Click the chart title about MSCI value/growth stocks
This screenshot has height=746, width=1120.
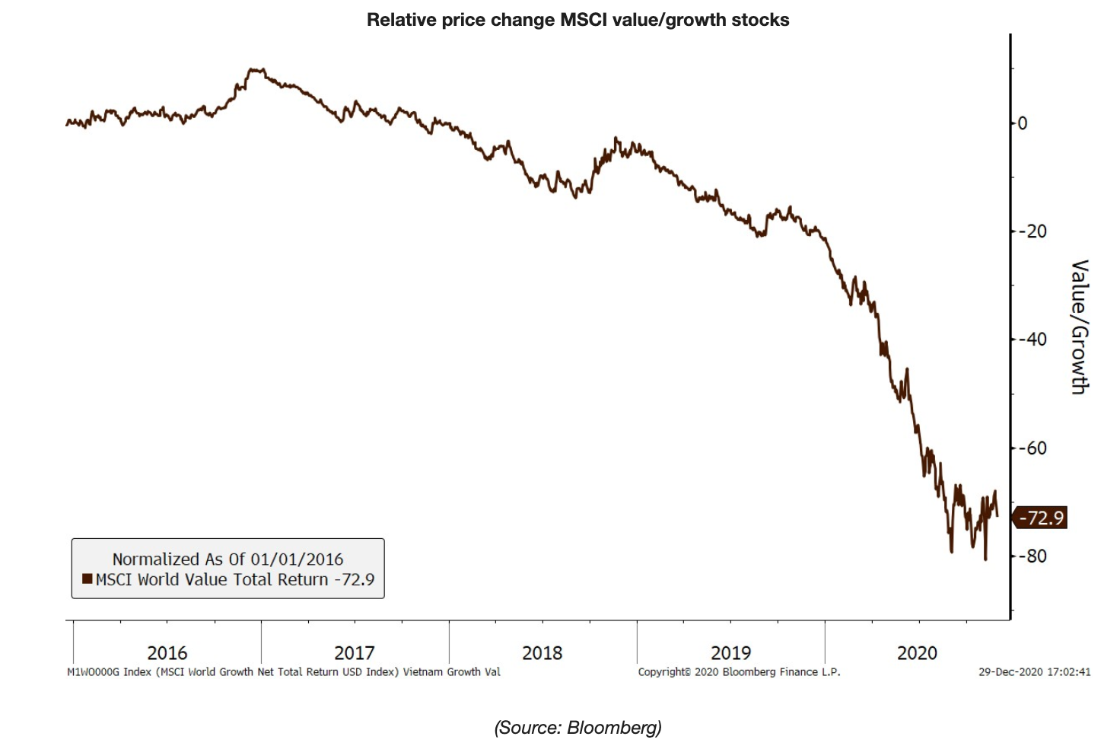tap(577, 20)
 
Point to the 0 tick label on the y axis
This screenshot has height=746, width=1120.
tap(1023, 123)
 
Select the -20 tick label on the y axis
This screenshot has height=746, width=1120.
tap(1033, 231)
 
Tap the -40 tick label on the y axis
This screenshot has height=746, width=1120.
tap(1033, 340)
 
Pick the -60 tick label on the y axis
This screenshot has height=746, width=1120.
tap(1033, 448)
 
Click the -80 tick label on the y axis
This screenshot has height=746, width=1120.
tap(1033, 556)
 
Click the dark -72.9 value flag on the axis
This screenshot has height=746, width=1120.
tap(1041, 518)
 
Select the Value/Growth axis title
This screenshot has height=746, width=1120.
tap(1079, 327)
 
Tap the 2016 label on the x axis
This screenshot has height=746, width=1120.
tap(167, 653)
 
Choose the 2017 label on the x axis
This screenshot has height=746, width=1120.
tap(354, 653)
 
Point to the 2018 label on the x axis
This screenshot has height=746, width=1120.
tap(542, 653)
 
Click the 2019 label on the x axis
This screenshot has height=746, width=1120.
tap(730, 653)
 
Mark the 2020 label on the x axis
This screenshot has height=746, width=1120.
tap(917, 653)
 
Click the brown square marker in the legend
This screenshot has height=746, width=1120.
tap(87, 579)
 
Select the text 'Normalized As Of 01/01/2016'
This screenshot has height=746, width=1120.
tap(228, 559)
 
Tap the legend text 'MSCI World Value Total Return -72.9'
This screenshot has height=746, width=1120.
tap(235, 580)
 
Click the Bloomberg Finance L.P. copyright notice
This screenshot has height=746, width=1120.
tap(739, 672)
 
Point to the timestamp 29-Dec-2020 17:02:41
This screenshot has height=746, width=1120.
tap(1034, 672)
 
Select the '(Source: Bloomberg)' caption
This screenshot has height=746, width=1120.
tap(577, 728)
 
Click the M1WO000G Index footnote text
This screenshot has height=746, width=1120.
tap(283, 672)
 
